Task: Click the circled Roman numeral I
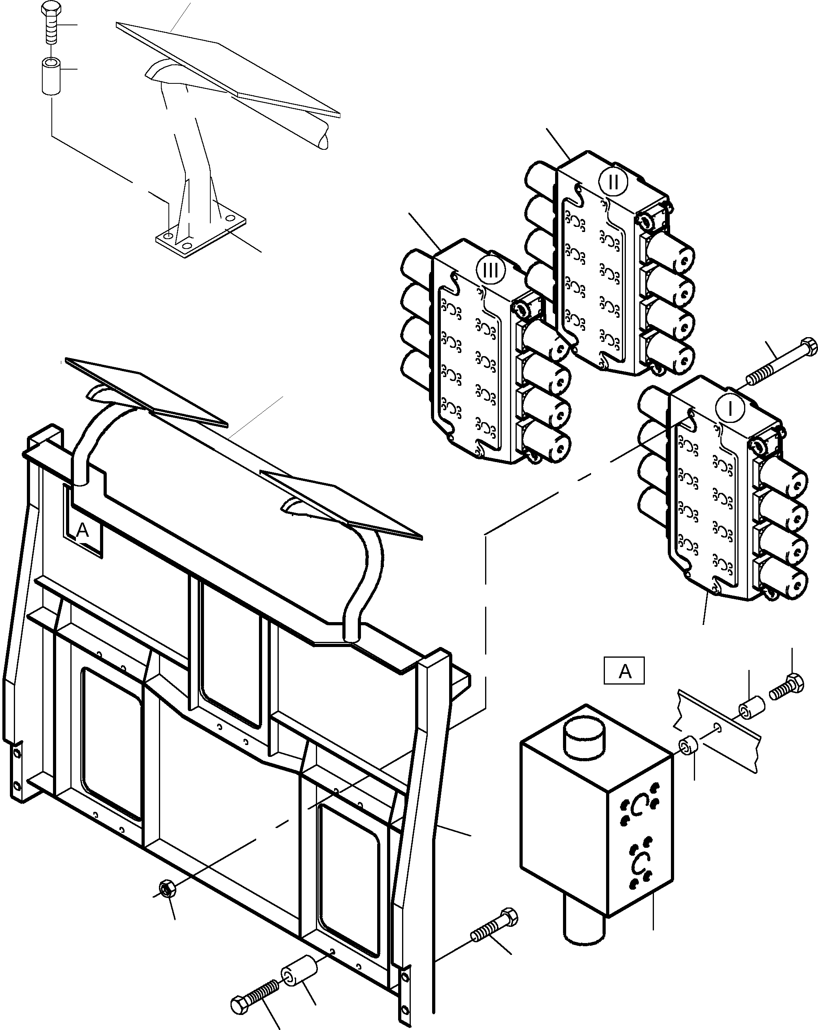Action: [x=729, y=409]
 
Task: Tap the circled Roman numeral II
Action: [x=613, y=183]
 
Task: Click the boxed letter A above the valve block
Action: [x=624, y=671]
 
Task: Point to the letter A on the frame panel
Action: [x=83, y=530]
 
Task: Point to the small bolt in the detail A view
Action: [x=786, y=687]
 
